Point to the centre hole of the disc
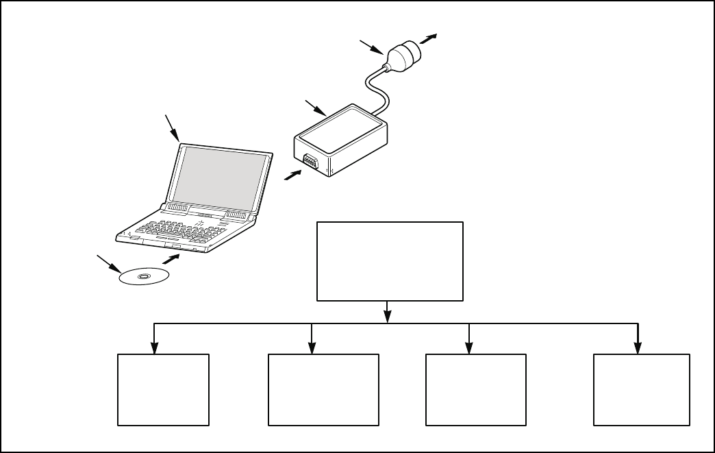144,277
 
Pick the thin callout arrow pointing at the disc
108,263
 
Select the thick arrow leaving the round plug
430,38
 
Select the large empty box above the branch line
389,261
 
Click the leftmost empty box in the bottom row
162,390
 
